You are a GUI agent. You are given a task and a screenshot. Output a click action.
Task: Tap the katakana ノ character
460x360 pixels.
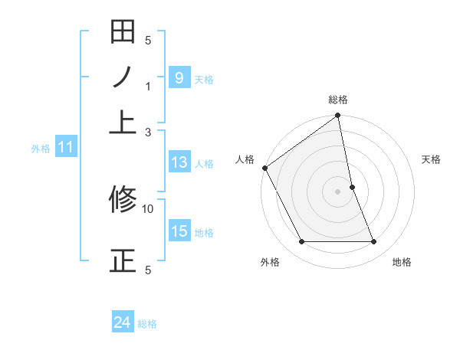[123, 77]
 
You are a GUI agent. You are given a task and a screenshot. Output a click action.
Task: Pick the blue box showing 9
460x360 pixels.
[179, 77]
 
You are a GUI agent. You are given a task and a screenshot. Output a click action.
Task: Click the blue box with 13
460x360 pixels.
[179, 162]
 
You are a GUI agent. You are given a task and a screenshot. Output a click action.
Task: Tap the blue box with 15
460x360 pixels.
[179, 231]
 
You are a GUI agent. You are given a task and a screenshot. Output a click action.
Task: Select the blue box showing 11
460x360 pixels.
[65, 147]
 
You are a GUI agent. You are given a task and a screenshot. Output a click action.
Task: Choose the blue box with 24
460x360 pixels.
[123, 323]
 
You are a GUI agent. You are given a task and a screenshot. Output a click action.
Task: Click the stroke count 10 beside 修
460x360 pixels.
[148, 208]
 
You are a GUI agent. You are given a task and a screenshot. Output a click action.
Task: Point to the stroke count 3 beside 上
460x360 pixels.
[149, 132]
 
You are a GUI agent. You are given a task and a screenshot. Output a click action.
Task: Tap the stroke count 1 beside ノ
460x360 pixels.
[149, 87]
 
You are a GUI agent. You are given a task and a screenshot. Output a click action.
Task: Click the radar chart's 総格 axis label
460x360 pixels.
[338, 100]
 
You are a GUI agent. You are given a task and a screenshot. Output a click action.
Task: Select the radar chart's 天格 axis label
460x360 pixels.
[432, 159]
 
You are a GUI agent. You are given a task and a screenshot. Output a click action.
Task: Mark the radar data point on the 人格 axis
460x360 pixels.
[264, 168]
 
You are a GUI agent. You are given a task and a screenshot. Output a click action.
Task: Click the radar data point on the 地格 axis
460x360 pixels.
[374, 242]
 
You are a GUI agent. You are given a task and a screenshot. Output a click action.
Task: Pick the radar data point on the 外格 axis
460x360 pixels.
[301, 242]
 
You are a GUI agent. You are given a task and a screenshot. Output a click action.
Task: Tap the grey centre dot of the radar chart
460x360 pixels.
[337, 191]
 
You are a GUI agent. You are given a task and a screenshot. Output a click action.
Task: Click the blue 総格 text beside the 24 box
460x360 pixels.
[147, 324]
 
